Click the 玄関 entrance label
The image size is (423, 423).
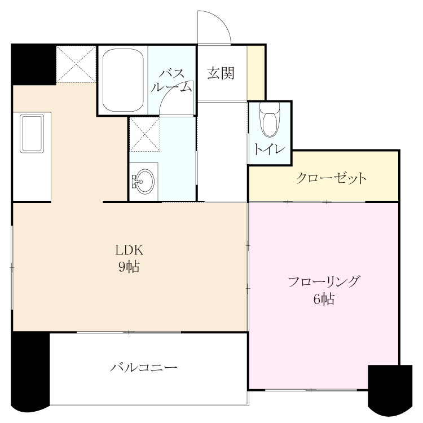pyautogui.click(x=221, y=73)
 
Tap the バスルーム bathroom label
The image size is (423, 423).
pyautogui.click(x=171, y=81)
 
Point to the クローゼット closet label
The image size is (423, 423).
pyautogui.click(x=331, y=178)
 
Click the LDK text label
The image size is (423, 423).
pyautogui.click(x=129, y=250)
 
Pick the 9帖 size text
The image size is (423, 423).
pyautogui.click(x=129, y=267)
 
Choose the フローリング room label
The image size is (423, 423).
pyautogui.click(x=324, y=282)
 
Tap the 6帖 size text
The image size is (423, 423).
pyautogui.click(x=324, y=299)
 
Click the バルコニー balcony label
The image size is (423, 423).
pyautogui.click(x=143, y=368)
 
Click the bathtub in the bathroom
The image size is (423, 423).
pyautogui.click(x=123, y=80)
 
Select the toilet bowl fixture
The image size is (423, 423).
pyautogui.click(x=270, y=120)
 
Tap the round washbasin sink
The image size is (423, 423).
pyautogui.click(x=144, y=181)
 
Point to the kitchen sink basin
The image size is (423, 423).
pyautogui.click(x=32, y=134)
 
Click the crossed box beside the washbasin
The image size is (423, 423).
pyautogui.click(x=144, y=134)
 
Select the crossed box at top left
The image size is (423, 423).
pyautogui.click(x=76, y=64)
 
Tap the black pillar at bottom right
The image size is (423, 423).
pyautogui.click(x=390, y=390)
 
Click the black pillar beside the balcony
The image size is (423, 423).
pyautogui.click(x=30, y=371)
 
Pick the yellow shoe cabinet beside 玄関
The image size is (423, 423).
pyautogui.click(x=255, y=73)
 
